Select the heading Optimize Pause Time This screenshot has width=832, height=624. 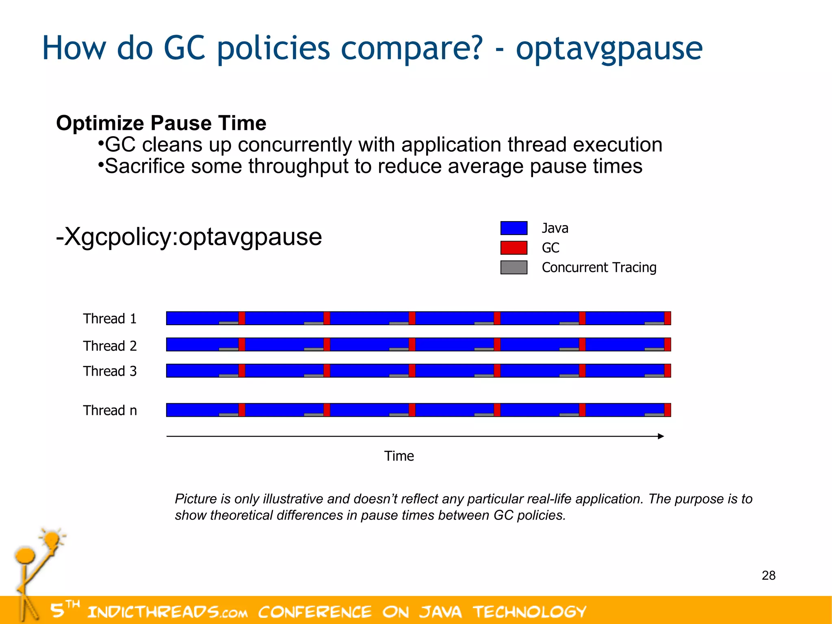161,123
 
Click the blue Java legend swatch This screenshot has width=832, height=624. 513,228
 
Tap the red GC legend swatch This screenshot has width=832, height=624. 513,248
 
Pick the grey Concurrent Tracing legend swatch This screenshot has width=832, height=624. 513,267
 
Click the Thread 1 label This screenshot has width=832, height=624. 110,319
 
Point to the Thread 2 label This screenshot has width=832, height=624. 110,346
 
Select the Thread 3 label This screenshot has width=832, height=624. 110,371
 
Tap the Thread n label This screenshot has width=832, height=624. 110,411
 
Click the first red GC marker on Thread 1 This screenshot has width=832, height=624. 242,318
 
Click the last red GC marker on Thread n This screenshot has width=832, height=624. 667,410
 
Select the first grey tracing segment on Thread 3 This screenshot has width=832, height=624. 228,375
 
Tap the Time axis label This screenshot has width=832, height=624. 399,456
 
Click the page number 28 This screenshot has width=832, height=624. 768,576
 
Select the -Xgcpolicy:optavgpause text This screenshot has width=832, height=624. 189,237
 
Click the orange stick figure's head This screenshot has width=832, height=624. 25,555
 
